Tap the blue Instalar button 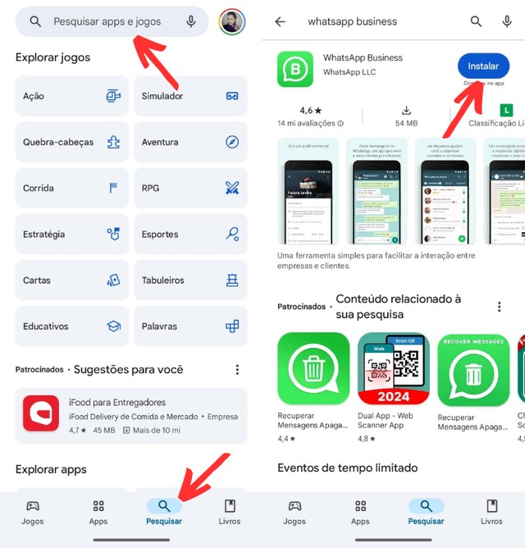tap(482, 66)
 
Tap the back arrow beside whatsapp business tap(280, 22)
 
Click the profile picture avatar tap(232, 21)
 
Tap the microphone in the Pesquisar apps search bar tap(191, 21)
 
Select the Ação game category tap(72, 96)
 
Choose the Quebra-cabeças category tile tap(72, 142)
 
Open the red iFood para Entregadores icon tap(40, 413)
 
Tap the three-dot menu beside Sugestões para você tap(237, 370)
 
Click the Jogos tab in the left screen tap(33, 511)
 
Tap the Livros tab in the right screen tap(491, 511)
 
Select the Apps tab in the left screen tap(98, 511)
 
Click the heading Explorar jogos tap(53, 57)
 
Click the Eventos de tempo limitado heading tap(348, 468)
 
